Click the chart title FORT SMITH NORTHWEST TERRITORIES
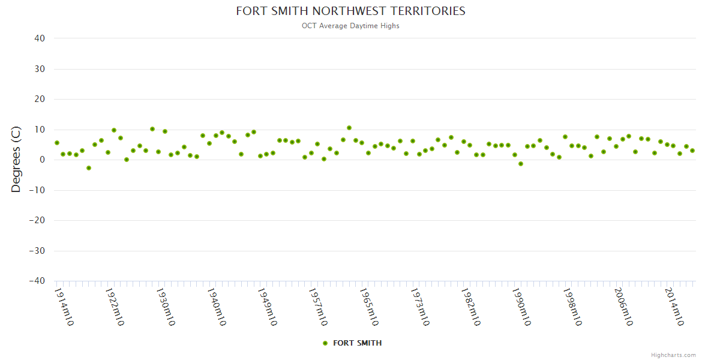(x=350, y=11)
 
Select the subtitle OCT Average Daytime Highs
(x=350, y=26)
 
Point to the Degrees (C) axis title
(x=16, y=160)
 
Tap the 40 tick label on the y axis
(x=40, y=38)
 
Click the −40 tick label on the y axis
(x=37, y=281)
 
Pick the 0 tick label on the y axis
(x=42, y=160)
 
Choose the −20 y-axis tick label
(x=37, y=220)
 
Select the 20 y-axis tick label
(x=40, y=99)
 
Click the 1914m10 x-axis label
(x=64, y=307)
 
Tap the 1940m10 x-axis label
(x=217, y=307)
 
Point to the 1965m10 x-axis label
(x=369, y=307)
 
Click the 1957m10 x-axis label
(x=318, y=307)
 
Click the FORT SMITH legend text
(x=357, y=343)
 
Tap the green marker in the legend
(x=325, y=343)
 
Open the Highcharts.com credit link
(x=673, y=355)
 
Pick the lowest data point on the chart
(x=89, y=168)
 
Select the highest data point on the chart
(x=349, y=128)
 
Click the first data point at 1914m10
(x=57, y=143)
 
